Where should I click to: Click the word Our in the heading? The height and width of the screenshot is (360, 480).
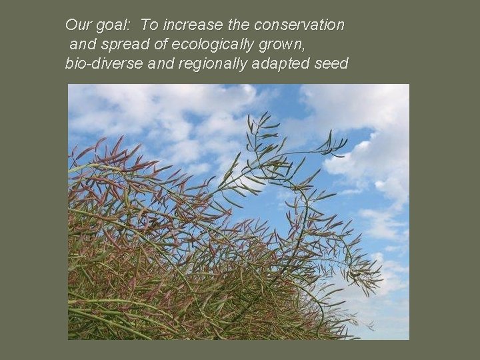pos(77,25)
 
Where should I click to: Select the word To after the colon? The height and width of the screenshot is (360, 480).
pos(149,25)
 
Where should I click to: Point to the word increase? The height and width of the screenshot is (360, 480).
pos(193,25)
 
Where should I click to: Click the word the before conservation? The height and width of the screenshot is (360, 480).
pos(239,25)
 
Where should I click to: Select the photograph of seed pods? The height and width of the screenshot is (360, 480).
pos(238,211)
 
